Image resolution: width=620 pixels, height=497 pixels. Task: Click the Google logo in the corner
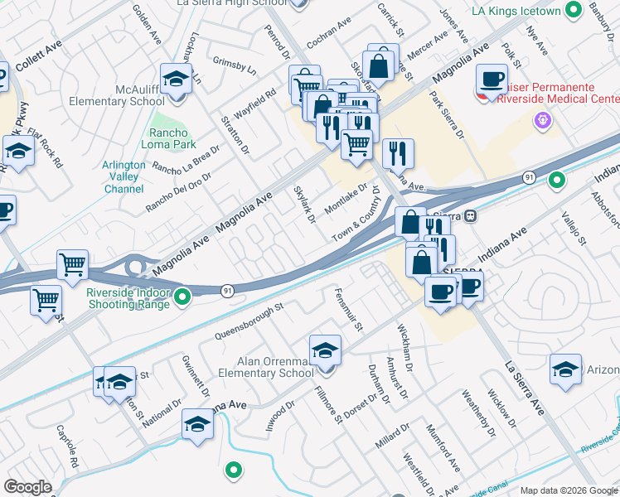[28, 487]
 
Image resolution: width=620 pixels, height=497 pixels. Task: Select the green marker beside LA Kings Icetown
[573, 10]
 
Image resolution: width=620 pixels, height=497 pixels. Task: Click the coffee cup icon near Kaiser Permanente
[492, 80]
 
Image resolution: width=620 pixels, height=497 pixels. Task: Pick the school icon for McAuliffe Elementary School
[176, 80]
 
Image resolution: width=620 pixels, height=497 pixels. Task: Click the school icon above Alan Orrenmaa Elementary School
[325, 349]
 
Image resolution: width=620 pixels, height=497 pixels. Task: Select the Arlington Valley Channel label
[124, 176]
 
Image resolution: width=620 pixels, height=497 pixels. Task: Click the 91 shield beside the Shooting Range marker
[226, 290]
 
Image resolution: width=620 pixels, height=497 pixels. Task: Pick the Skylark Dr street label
[304, 204]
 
